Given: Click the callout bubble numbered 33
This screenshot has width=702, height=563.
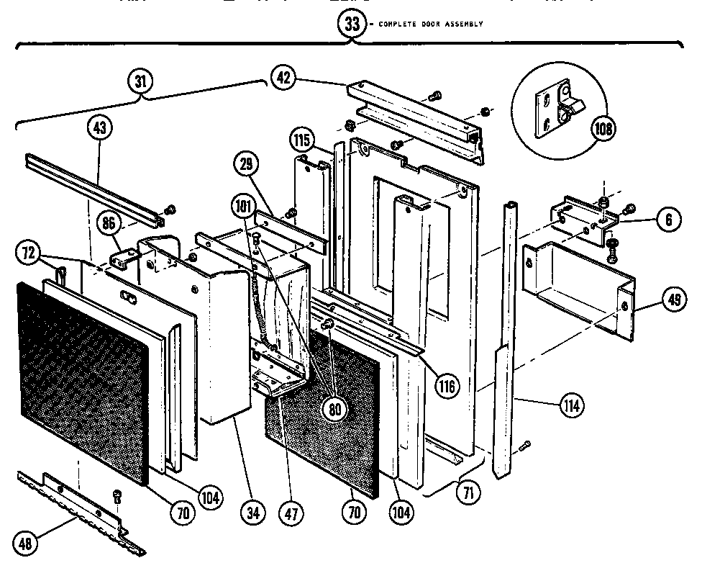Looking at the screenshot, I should tap(352, 23).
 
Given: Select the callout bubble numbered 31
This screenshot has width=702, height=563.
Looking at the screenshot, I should tap(140, 81).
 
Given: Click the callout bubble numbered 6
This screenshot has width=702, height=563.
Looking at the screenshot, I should tap(667, 220).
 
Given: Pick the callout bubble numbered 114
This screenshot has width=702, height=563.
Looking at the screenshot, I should tap(573, 405).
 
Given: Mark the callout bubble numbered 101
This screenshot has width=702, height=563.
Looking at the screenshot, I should tap(244, 204).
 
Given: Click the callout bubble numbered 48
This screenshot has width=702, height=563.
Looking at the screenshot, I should tap(27, 544).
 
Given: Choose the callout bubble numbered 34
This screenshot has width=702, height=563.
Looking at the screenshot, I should tap(252, 513).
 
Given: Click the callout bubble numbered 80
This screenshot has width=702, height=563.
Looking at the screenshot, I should tap(335, 408).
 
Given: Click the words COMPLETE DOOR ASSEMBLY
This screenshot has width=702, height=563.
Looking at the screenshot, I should tap(429, 24).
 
